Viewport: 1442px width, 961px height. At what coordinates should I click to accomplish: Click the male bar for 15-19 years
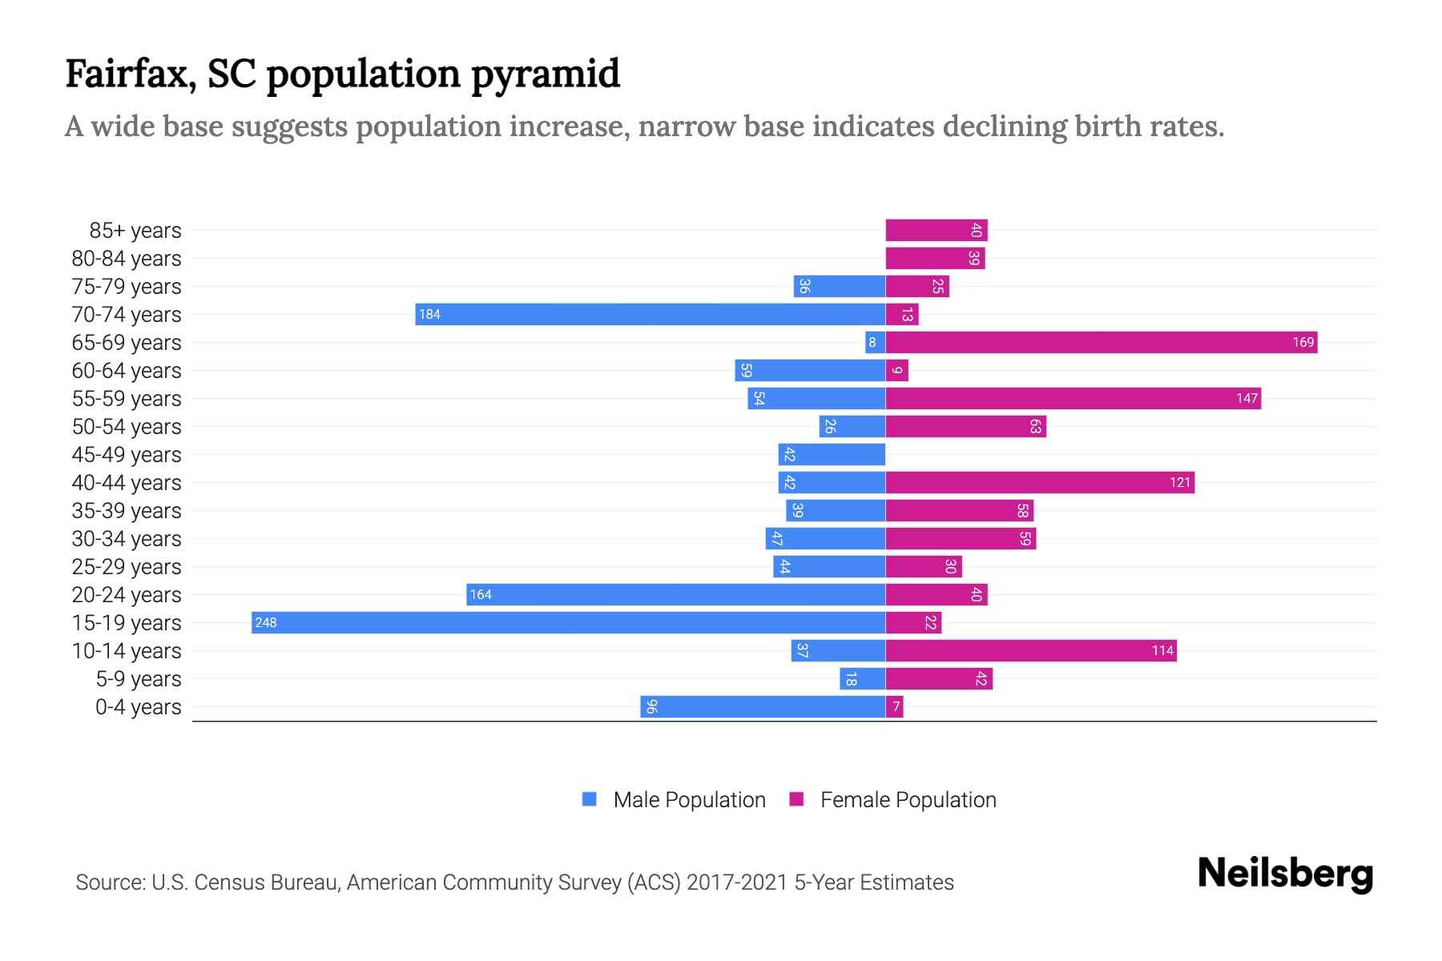point(568,622)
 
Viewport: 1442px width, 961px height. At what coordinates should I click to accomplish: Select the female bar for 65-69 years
point(1101,342)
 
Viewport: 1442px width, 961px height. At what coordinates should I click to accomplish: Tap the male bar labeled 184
point(650,314)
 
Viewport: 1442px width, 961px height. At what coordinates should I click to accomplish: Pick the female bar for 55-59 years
point(1073,398)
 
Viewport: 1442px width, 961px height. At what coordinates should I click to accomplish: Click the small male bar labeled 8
point(874,342)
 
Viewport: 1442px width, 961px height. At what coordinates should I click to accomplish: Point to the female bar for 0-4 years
point(894,706)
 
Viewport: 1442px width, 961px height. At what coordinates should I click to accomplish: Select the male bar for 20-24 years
point(675,594)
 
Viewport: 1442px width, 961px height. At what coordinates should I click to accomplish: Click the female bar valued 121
point(1039,482)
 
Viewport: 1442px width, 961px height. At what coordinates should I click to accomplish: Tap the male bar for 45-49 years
point(831,454)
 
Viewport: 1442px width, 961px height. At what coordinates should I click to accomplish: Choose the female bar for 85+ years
point(936,230)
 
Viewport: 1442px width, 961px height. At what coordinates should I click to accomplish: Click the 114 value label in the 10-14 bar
point(1162,650)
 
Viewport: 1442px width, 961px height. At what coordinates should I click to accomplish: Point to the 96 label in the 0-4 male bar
point(651,706)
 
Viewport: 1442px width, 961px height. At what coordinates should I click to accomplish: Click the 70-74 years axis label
point(127,315)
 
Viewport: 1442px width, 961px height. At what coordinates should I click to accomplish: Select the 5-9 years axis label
point(138,679)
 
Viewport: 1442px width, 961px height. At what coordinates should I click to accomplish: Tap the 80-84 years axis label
point(127,259)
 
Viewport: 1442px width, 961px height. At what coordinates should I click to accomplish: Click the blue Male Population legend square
point(590,799)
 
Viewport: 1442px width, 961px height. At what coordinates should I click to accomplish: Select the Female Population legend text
point(908,799)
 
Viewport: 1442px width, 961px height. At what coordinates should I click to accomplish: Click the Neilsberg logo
point(1285,873)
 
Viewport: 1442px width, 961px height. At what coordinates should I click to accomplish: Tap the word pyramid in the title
point(545,74)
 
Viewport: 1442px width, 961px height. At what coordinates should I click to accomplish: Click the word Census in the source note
point(230,883)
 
